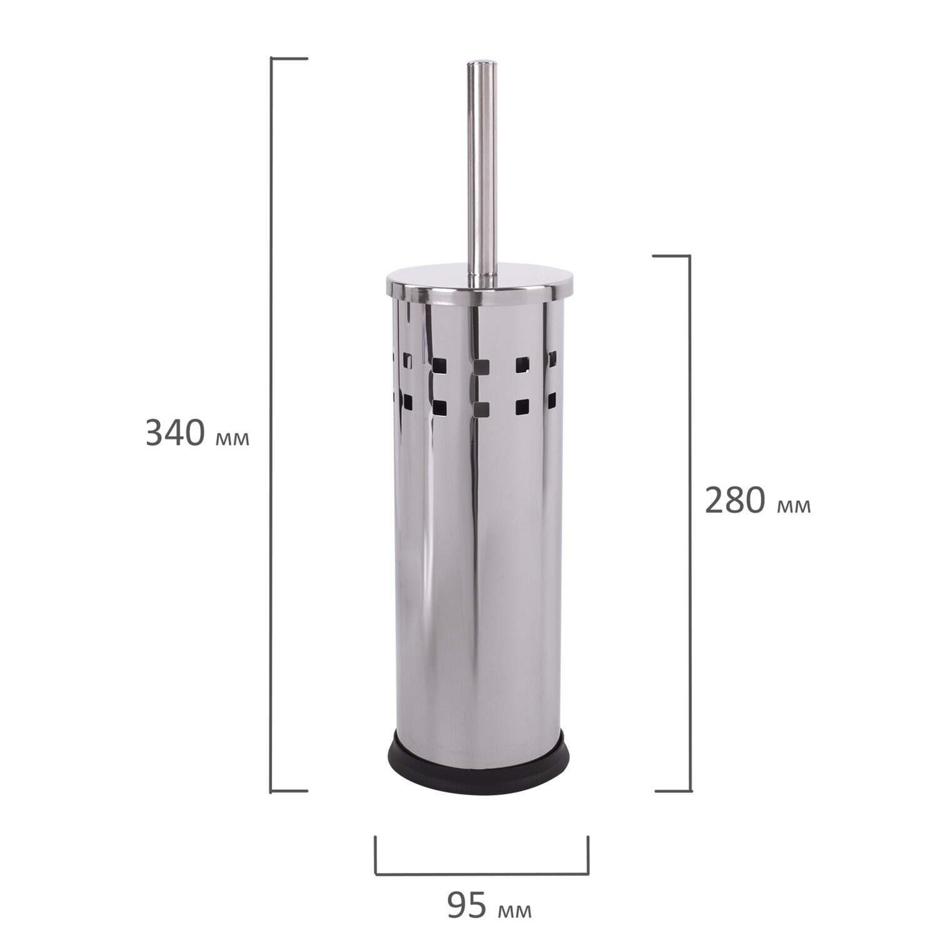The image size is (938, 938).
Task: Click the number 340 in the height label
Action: (175, 432)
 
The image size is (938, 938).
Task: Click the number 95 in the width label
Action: (468, 906)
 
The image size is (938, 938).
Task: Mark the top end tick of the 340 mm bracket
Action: (289, 59)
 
